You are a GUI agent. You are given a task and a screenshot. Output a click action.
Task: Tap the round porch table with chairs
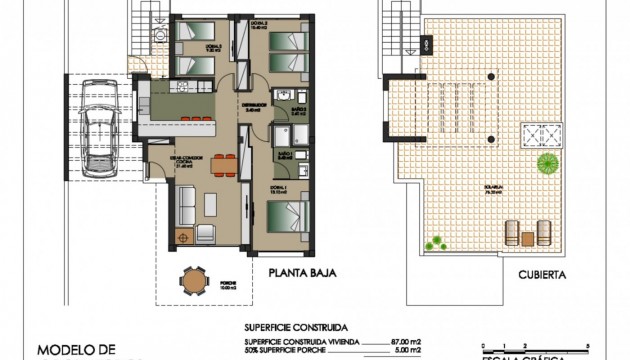[x=191, y=283]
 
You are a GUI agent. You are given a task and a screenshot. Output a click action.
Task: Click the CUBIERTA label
[x=543, y=273]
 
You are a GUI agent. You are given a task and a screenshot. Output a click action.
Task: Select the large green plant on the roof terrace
[x=547, y=163]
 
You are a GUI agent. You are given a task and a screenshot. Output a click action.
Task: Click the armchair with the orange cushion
[x=182, y=236]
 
